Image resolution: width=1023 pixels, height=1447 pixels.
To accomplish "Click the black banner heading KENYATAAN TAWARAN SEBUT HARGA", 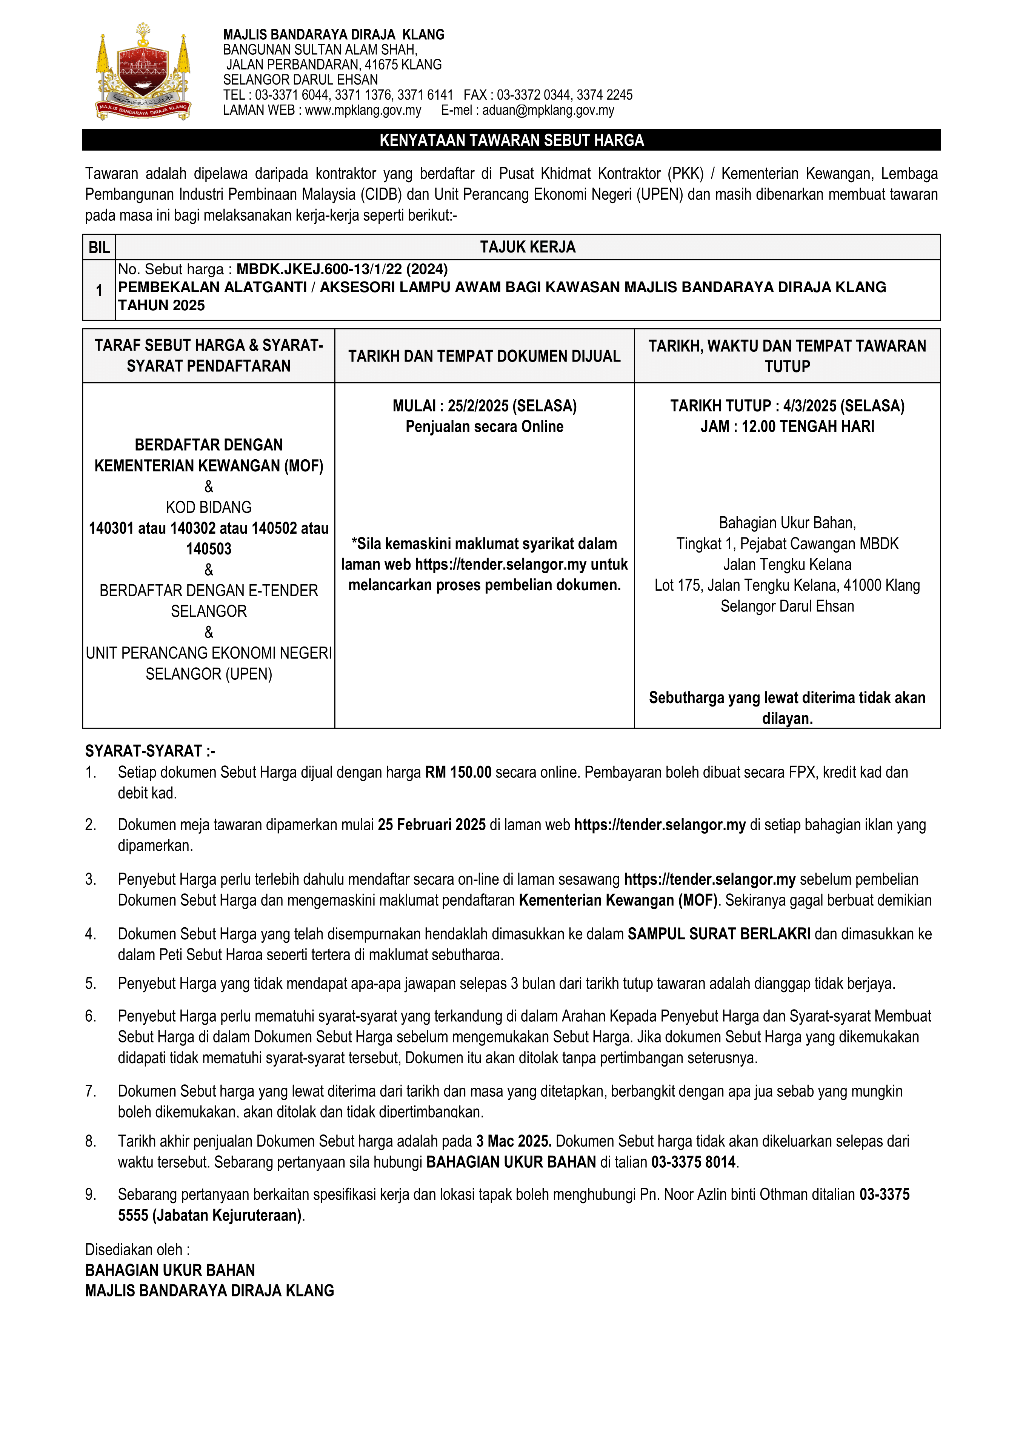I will point(511,140).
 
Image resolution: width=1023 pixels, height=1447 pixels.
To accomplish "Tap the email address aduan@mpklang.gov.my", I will point(548,110).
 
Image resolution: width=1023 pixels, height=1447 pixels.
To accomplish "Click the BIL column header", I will point(99,247).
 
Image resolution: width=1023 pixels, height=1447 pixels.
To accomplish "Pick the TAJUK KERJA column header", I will point(528,247).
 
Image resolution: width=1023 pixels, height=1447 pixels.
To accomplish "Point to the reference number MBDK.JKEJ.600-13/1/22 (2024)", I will point(342,269).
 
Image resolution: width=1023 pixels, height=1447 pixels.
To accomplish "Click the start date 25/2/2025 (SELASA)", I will point(512,406).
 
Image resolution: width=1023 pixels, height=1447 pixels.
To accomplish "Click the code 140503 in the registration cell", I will point(209,549).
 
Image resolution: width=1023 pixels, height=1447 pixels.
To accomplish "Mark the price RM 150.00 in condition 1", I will point(458,772).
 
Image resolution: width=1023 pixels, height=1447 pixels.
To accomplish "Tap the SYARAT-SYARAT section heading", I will point(150,751).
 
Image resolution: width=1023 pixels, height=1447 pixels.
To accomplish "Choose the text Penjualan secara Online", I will point(484,426).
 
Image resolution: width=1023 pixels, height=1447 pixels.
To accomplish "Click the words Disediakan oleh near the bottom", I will point(137,1249).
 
